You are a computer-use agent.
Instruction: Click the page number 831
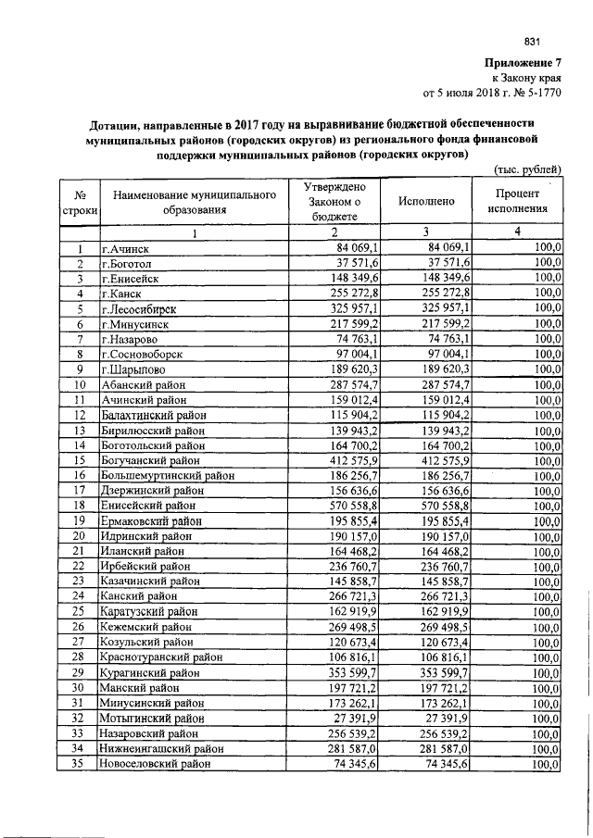pos(532,41)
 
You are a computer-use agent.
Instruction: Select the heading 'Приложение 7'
pos(524,62)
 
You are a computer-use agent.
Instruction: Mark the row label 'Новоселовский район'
pos(157,764)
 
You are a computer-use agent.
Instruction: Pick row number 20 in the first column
pos(81,535)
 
